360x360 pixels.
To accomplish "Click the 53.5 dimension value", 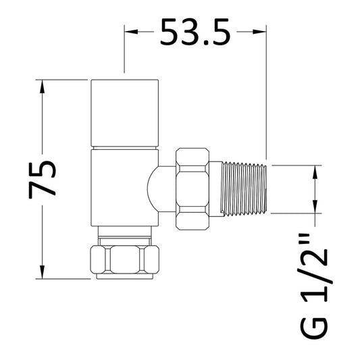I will (x=195, y=32).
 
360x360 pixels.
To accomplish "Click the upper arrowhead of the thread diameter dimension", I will (x=315, y=170).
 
